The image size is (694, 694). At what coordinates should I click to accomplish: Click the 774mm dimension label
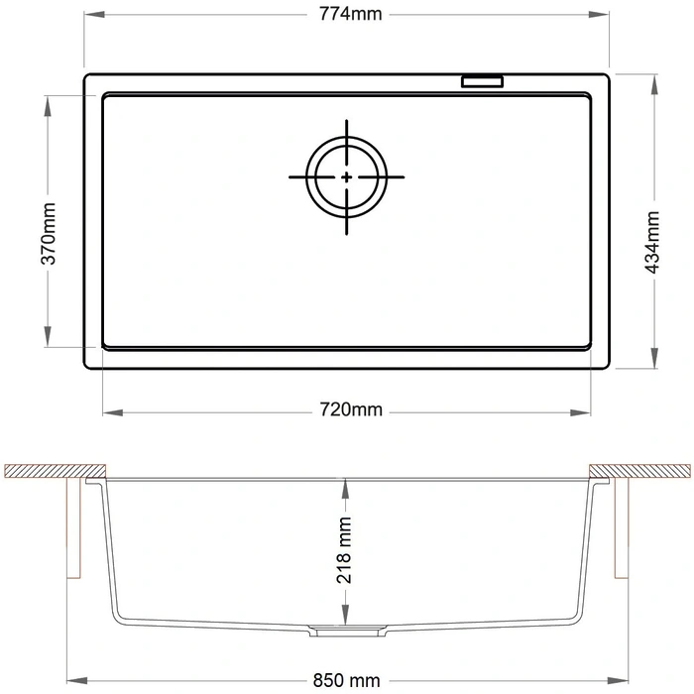(350, 14)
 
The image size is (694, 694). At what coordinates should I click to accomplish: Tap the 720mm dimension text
(351, 409)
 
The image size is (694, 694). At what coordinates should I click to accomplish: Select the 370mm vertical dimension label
(49, 234)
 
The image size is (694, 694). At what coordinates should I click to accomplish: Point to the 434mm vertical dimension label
(652, 243)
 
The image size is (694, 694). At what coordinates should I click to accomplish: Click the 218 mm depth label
(344, 550)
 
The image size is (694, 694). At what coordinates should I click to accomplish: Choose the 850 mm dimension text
(346, 680)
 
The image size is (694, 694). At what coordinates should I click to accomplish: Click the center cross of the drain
(347, 177)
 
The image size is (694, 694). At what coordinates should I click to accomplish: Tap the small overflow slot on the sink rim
(483, 81)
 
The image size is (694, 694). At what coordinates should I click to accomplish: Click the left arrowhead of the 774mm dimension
(94, 15)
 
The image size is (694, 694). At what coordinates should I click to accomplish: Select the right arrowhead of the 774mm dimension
(599, 15)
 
